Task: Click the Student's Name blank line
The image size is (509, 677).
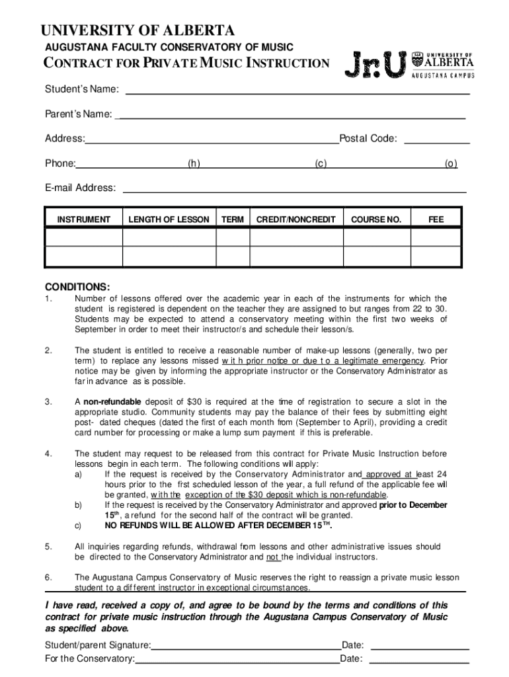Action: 297,94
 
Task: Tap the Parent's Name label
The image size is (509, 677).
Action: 78,114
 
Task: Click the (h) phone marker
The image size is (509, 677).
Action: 194,164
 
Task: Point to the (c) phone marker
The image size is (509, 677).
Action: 321,164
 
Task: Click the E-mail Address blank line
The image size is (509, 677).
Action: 295,191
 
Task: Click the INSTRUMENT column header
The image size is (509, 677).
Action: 84,219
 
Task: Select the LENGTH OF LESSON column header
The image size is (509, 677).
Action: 169,219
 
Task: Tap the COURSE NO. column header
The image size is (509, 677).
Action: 376,219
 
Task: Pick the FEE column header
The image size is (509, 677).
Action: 436,219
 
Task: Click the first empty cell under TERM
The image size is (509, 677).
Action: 233,237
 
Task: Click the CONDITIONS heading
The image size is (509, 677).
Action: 77,287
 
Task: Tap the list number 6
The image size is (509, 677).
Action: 48,577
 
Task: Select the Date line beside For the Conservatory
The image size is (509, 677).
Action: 419,660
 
